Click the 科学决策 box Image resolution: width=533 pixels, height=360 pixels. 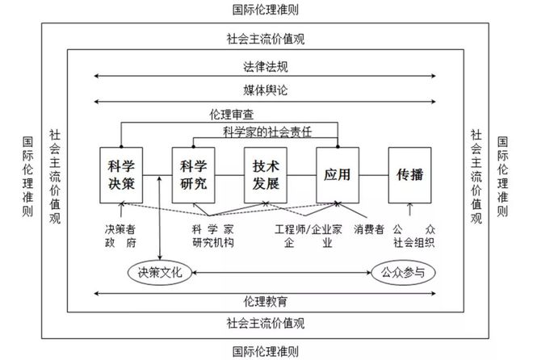coord(121,175)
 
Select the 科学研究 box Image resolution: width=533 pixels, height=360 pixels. coord(194,175)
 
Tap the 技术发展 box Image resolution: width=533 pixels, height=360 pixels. coord(266,175)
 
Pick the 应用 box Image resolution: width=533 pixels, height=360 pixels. coord(338,175)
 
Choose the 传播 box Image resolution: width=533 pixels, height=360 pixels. coord(410,175)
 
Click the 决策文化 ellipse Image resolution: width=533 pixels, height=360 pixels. coord(160,272)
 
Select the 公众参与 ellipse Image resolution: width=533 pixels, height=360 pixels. coord(403,272)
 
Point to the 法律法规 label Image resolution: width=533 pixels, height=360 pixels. coord(266,66)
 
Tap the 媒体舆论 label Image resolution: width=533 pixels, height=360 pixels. coord(266,90)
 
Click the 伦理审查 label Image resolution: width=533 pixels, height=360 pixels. coord(232,115)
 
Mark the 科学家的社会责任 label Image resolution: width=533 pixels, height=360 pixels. coord(267,132)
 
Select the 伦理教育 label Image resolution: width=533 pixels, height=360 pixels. coord(266,301)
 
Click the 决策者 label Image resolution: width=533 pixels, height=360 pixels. coord(120,229)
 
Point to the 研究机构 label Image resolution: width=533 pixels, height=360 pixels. coord(213,243)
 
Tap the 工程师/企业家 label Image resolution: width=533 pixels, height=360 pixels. coord(308,229)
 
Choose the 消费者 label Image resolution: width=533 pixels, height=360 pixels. coord(369,229)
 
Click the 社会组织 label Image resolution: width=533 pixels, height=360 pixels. coord(414,243)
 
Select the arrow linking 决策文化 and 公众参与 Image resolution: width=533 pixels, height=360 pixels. coord(282,272)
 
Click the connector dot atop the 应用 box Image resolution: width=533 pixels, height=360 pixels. coord(338,147)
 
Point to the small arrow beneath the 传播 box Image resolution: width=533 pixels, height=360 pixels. coord(410,209)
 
